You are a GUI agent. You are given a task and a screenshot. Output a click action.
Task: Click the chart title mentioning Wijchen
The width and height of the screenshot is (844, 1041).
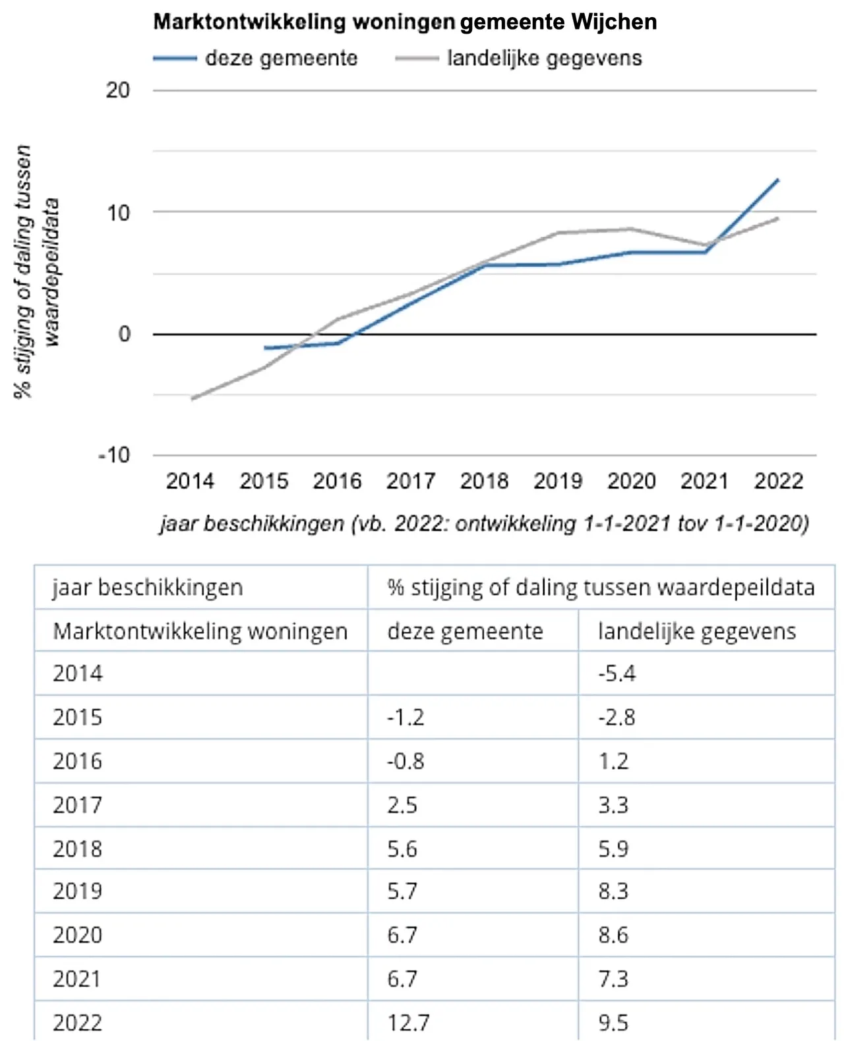[405, 22]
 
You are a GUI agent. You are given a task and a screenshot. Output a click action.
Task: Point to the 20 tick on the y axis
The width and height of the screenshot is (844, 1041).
[118, 90]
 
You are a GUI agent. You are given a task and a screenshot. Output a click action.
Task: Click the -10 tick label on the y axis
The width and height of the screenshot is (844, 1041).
[114, 455]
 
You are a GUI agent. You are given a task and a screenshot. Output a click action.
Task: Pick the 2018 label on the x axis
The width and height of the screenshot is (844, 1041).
[484, 481]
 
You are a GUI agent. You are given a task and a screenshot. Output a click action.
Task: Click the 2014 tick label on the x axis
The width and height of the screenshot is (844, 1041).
[190, 481]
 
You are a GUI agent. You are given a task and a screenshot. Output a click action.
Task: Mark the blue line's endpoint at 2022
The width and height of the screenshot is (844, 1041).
[778, 179]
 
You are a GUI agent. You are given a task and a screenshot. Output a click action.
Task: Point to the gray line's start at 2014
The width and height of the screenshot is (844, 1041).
[192, 399]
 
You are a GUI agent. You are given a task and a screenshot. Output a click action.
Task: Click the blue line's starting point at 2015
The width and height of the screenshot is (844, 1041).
[265, 347]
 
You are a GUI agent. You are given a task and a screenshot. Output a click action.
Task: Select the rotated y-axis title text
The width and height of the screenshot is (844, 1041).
[37, 271]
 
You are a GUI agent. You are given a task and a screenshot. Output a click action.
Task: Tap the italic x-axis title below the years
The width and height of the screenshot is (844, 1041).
[484, 523]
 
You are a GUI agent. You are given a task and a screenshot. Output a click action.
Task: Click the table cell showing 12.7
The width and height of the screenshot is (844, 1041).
[408, 1023]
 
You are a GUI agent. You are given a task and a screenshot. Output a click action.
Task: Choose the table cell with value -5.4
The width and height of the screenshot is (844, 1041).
[617, 673]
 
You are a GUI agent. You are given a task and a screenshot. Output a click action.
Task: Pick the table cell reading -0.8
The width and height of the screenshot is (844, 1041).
[406, 761]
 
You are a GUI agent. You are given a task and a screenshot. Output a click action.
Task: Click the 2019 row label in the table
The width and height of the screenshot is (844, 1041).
[78, 891]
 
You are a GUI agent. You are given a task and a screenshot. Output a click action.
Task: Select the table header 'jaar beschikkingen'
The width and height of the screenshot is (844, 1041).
[148, 587]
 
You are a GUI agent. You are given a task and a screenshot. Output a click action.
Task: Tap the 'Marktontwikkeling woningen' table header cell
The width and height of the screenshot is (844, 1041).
[200, 631]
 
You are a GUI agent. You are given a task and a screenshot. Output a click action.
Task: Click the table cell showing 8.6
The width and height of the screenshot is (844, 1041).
[613, 935]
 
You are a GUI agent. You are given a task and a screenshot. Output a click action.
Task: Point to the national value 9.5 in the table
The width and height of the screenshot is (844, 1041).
[613, 1023]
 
